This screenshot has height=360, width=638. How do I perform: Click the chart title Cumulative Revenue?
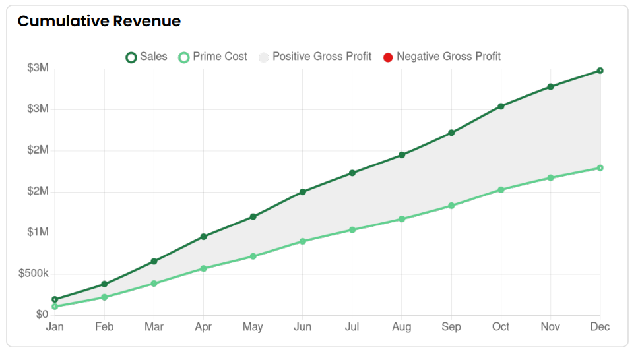(99, 21)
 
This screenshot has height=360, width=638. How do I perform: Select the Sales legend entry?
(146, 57)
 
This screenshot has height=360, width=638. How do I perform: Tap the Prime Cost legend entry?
(213, 57)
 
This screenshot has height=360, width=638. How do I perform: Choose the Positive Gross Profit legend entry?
(315, 57)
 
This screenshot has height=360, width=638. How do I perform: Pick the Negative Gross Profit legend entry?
(442, 57)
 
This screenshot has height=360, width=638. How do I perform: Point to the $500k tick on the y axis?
(34, 274)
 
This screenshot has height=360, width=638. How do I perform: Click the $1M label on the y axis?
(38, 233)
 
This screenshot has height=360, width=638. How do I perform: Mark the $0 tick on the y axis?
(42, 315)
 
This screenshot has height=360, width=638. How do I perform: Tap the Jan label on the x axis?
(55, 327)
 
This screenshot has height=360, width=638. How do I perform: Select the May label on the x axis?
(253, 327)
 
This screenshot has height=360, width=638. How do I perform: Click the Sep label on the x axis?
(451, 327)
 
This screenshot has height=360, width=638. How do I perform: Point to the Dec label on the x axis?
(600, 327)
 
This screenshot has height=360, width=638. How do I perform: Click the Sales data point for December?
(600, 71)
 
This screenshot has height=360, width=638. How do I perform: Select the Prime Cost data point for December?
(600, 168)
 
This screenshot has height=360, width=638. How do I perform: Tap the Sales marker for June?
(302, 192)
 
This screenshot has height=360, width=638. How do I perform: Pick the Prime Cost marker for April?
(203, 268)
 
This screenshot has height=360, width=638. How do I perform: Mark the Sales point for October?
(501, 106)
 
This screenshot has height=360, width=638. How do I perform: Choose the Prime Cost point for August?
(402, 219)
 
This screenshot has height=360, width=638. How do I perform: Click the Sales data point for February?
(104, 284)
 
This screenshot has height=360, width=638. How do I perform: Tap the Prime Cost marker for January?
(55, 307)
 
